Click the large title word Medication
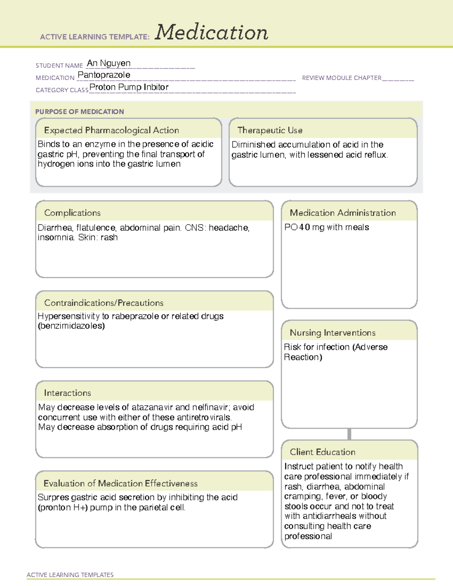(x=211, y=32)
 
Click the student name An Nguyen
(x=109, y=63)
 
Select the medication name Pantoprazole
(x=104, y=75)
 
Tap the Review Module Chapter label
(x=342, y=78)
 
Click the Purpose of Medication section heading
(x=79, y=112)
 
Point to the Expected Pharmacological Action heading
(x=111, y=131)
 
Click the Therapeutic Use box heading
(x=270, y=131)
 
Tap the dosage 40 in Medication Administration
(x=305, y=228)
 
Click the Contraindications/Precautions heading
(x=104, y=303)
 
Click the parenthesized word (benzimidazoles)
(x=71, y=326)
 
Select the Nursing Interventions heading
(x=333, y=333)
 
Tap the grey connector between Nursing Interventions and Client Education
(x=349, y=434)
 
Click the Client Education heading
(x=322, y=452)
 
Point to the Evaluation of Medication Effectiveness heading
(x=120, y=484)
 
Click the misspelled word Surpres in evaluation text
(x=53, y=498)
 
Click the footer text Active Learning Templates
(x=70, y=575)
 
